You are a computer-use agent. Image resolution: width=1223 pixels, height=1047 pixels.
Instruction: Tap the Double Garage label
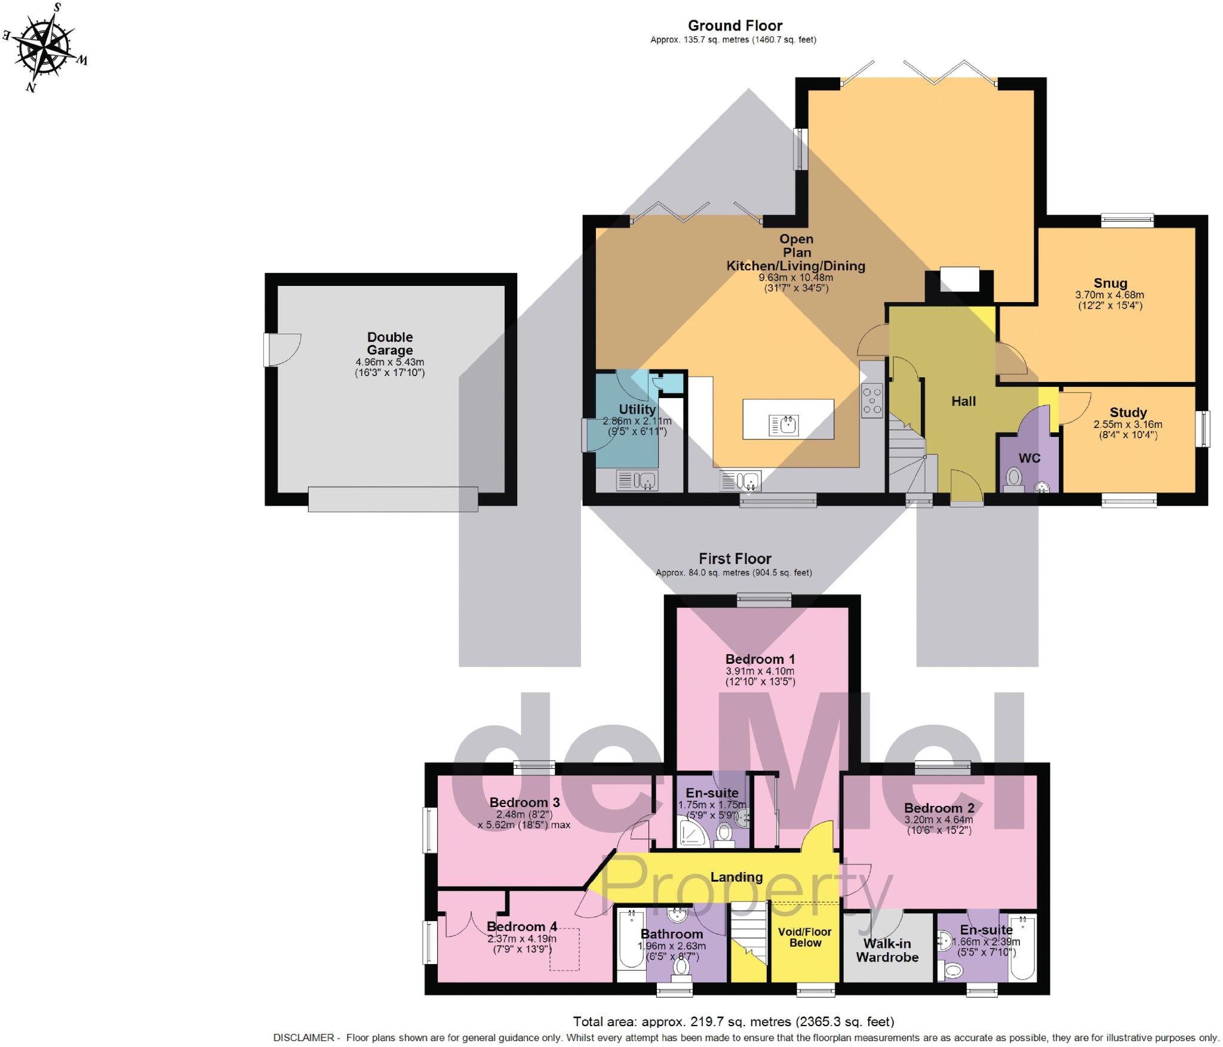click(389, 344)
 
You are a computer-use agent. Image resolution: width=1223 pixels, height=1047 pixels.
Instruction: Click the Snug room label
click(1110, 284)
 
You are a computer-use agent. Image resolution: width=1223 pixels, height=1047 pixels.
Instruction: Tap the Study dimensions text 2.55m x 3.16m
click(1127, 424)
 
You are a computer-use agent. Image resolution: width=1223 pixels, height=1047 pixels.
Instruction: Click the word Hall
click(963, 402)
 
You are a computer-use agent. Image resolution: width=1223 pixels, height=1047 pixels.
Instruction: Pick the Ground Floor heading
click(735, 26)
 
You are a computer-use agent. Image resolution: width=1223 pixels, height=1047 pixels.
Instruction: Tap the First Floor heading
click(735, 559)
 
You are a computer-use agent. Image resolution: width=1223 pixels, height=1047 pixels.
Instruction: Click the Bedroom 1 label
click(760, 660)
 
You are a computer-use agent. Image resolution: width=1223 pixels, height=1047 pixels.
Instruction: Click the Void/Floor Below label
click(804, 937)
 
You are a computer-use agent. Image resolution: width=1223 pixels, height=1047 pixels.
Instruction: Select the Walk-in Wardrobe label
click(887, 950)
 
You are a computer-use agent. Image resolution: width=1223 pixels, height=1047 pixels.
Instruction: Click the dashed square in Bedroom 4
click(564, 949)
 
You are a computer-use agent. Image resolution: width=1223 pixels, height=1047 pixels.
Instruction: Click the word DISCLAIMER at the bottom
click(303, 1037)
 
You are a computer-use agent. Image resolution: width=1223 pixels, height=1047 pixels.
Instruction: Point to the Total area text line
click(733, 1021)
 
